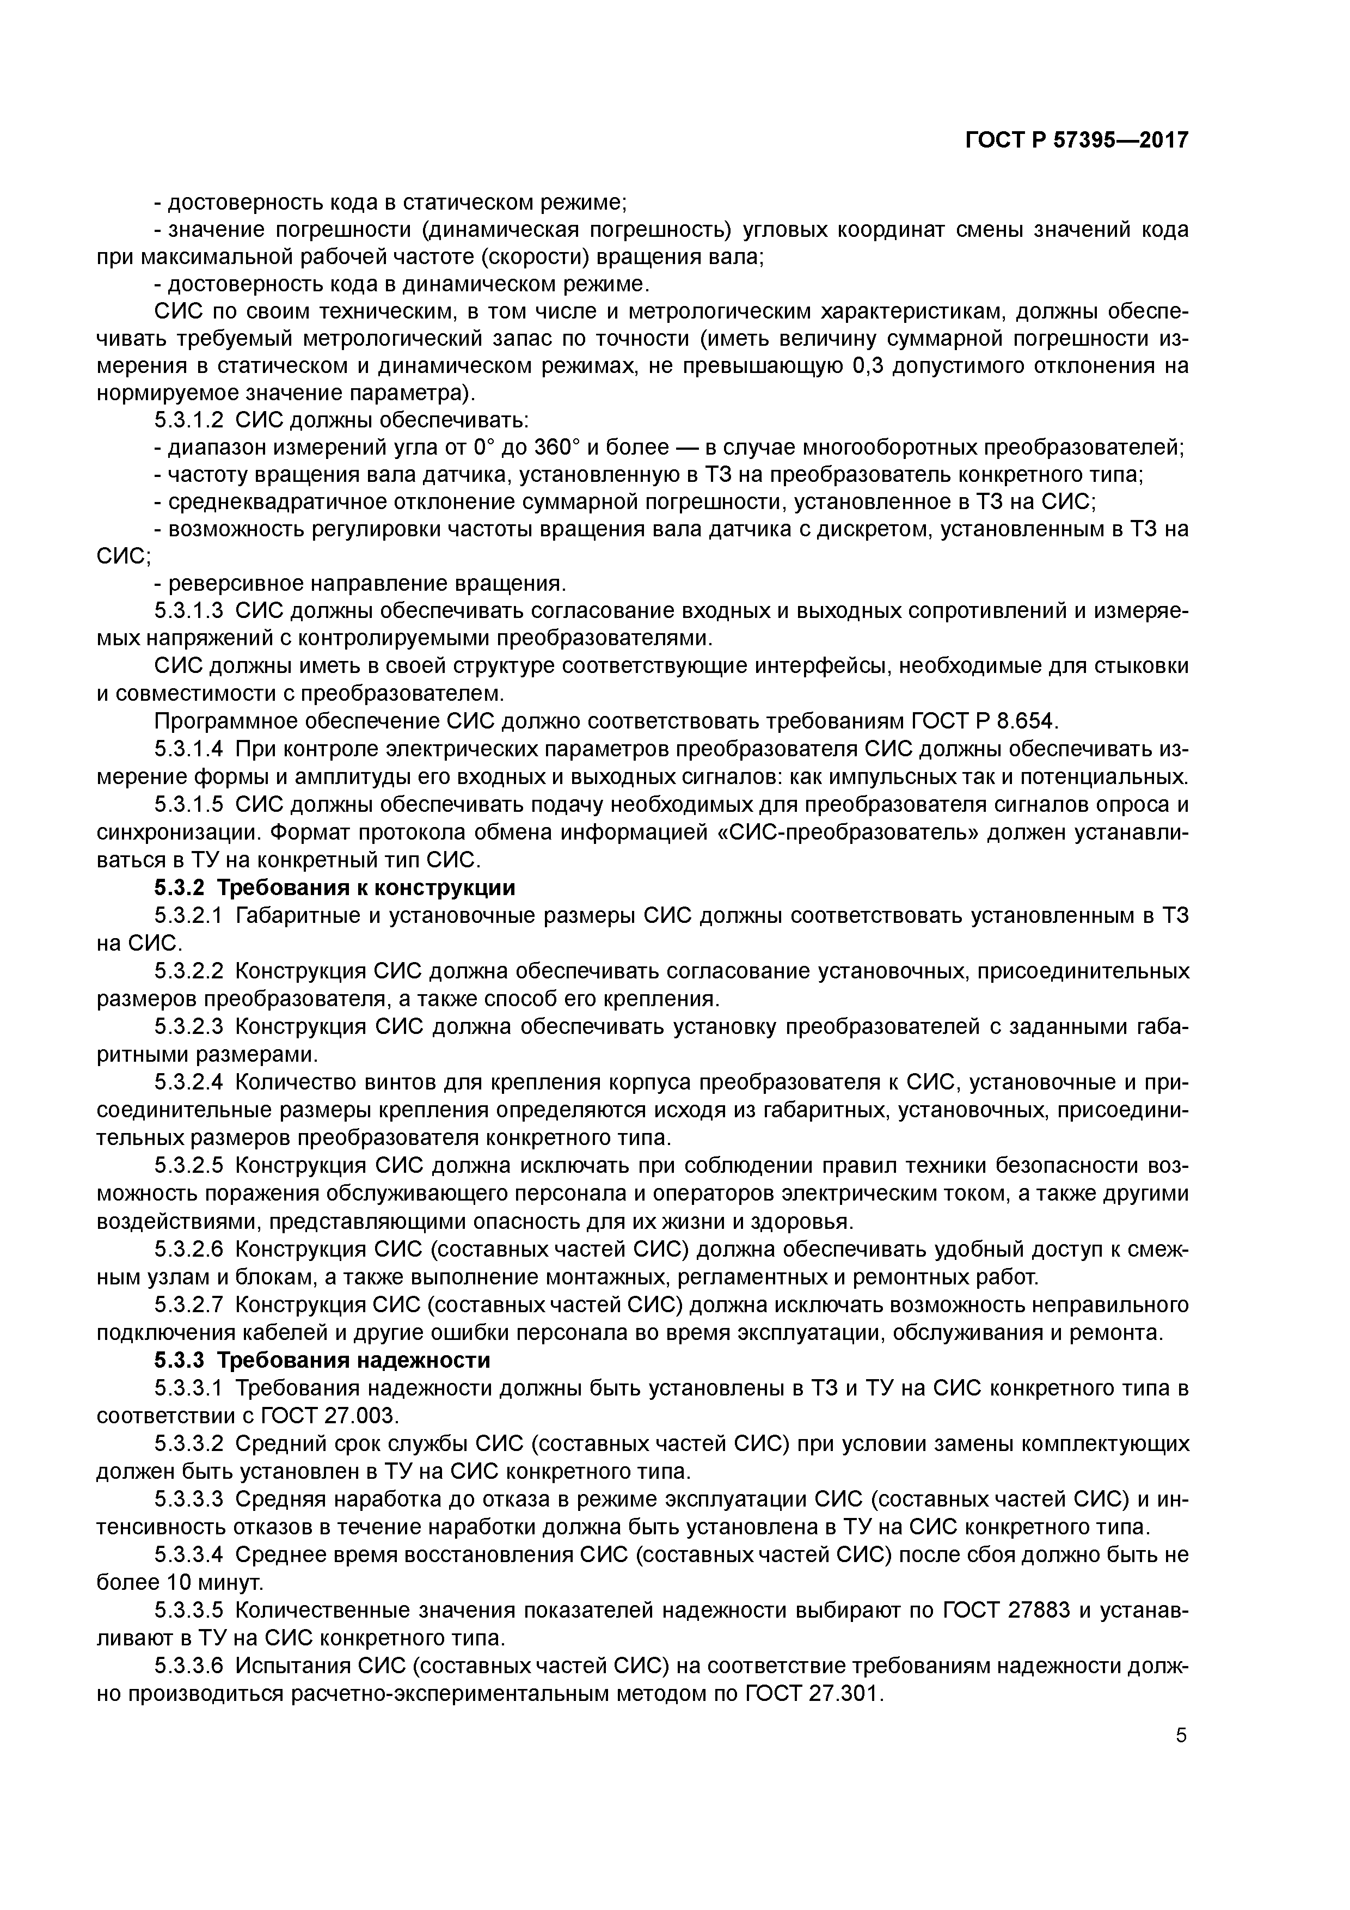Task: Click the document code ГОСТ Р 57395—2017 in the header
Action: (x=1076, y=140)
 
